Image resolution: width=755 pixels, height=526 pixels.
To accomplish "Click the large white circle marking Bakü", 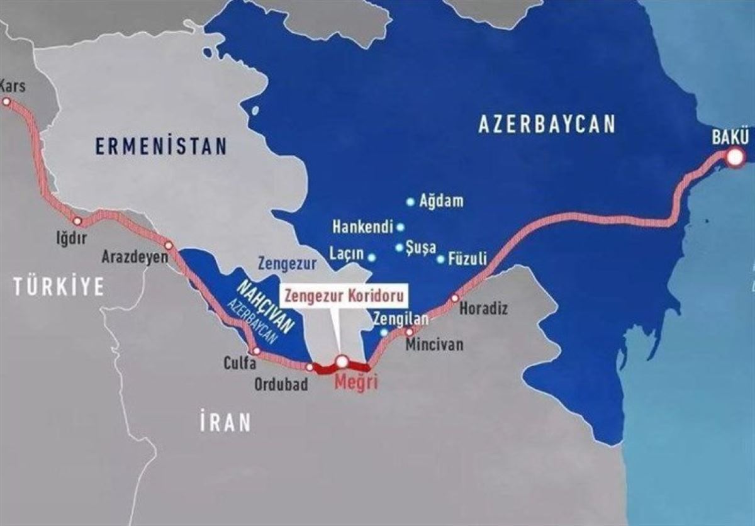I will pos(735,158).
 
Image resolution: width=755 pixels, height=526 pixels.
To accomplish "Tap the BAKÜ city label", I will pos(730,137).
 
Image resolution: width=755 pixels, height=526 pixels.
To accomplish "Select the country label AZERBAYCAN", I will pos(546,124).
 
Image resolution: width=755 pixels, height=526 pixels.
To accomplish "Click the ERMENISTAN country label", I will pos(160,147).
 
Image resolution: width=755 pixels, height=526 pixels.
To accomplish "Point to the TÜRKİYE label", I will pos(59,287).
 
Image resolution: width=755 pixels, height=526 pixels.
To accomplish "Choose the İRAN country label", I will pos(225,422).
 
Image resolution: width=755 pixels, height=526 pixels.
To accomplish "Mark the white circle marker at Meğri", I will pos(342,361).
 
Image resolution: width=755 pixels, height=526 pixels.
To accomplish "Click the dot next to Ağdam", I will pos(410,202).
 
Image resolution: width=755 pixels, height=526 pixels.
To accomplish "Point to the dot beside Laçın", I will pos(372,257).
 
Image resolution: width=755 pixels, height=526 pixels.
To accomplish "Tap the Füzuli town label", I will pos(467,258).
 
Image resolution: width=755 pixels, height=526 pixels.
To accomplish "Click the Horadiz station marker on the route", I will pos(455,298).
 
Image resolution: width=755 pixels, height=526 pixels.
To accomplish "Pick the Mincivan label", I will pos(434,345).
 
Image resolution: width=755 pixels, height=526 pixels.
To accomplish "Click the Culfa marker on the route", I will pos(256,351).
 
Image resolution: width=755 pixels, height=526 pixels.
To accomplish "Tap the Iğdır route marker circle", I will pos(77,221).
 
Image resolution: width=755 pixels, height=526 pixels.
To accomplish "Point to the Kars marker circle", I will pos(6,101).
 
